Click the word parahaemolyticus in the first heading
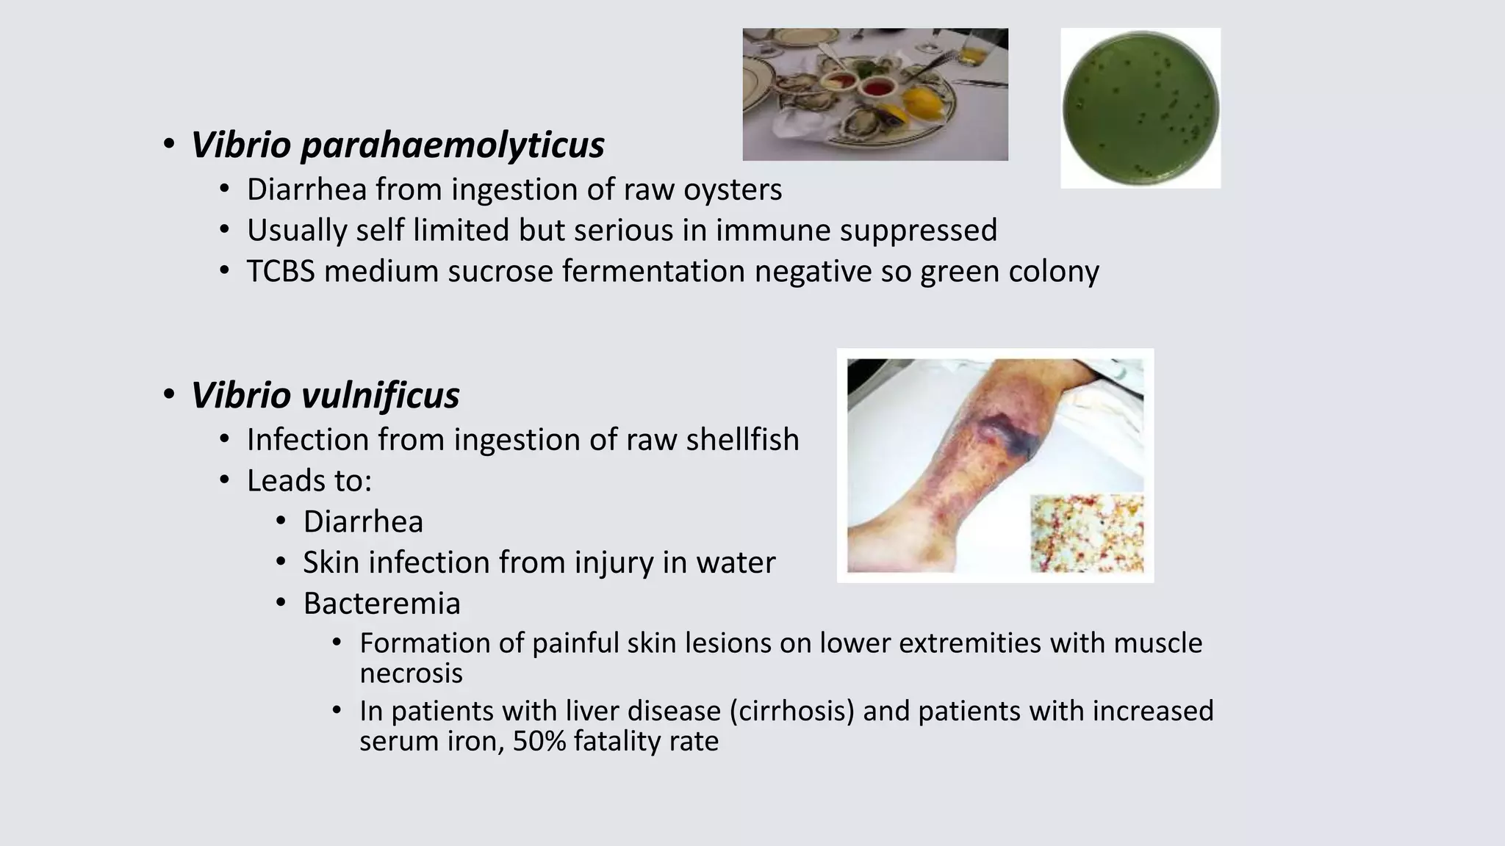point(452,145)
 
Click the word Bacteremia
point(381,604)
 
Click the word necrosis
point(411,673)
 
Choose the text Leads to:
point(309,480)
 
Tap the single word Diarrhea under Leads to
point(363,521)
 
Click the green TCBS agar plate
point(1141,108)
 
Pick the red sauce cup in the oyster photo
point(876,89)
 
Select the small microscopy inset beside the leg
point(1087,533)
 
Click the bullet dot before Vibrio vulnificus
point(169,395)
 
